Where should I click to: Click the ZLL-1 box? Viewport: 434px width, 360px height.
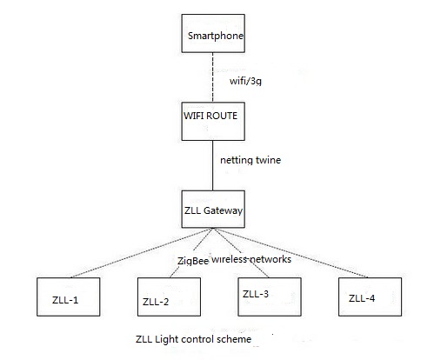click(x=64, y=301)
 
